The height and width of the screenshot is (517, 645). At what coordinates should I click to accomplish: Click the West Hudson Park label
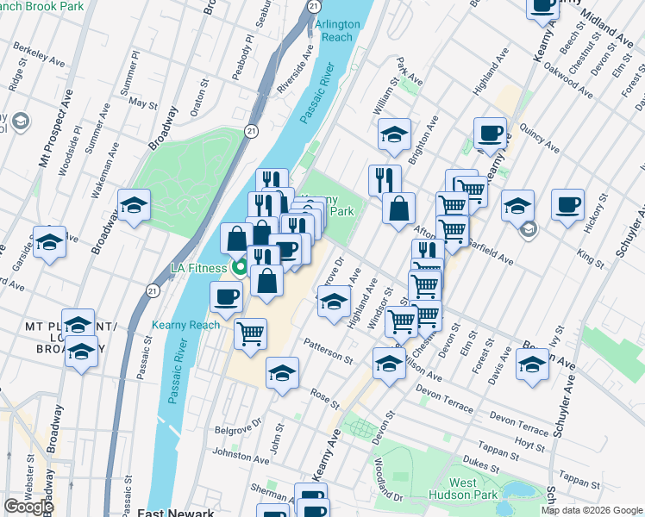(474, 488)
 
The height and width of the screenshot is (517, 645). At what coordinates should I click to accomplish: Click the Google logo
(28, 507)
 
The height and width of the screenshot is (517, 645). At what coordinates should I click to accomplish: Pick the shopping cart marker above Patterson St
(250, 333)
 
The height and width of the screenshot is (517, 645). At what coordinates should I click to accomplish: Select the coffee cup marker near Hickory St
(567, 206)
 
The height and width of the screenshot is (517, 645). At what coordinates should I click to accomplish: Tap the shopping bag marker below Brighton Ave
(398, 209)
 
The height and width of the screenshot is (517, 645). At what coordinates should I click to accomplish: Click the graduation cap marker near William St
(394, 134)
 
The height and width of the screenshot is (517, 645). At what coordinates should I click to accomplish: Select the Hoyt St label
(524, 443)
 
